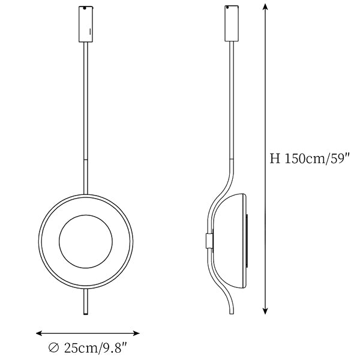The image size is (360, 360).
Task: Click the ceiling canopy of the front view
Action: click(x=86, y=24)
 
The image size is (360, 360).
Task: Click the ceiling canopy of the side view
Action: click(x=232, y=23)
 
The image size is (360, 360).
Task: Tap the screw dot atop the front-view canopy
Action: click(x=85, y=8)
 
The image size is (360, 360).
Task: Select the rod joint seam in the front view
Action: click(x=86, y=160)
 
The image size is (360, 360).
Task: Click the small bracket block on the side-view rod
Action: click(x=209, y=241)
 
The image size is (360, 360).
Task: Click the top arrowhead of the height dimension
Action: click(x=265, y=7)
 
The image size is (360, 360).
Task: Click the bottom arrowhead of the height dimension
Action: click(x=265, y=311)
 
